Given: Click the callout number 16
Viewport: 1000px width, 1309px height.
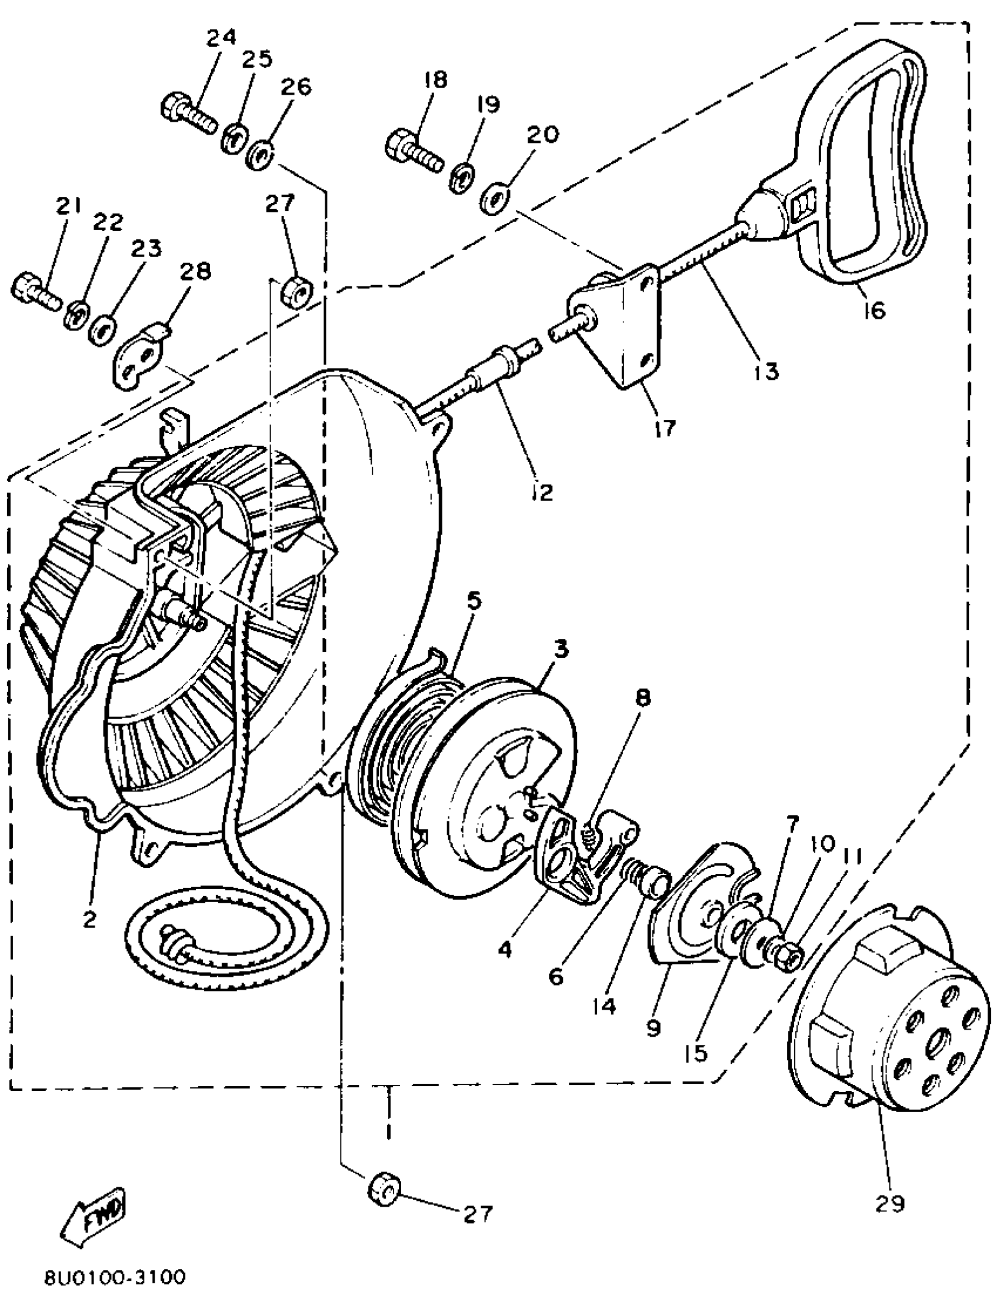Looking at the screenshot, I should point(874,309).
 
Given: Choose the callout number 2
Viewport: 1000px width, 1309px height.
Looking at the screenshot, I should point(89,920).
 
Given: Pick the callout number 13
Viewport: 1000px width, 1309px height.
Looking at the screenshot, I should point(768,371).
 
